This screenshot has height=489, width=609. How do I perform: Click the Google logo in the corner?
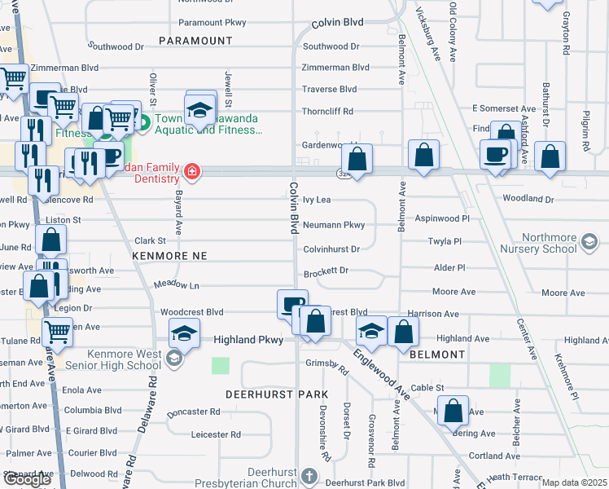[27, 479]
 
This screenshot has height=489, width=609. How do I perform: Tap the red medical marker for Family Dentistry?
[192, 171]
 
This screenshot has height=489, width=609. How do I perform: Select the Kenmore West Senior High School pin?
[173, 358]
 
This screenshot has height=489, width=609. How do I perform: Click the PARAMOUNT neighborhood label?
[195, 40]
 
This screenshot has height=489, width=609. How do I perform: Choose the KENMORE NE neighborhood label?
[170, 256]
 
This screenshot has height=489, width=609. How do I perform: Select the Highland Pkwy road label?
[247, 339]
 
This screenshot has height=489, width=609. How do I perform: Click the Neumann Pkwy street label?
[334, 224]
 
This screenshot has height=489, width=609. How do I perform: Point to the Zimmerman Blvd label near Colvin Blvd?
[335, 68]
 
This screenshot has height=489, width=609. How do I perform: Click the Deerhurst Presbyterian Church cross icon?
[309, 475]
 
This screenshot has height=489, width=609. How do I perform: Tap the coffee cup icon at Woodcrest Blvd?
[291, 304]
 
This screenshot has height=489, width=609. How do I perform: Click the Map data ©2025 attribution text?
[574, 482]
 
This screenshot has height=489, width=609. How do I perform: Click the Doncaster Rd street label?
[193, 412]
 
